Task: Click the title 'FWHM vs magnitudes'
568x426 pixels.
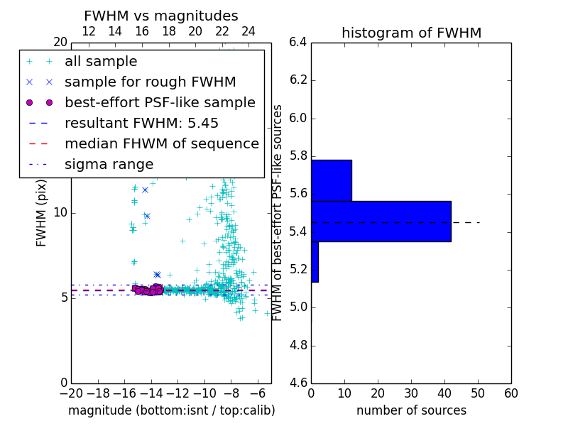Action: click(x=161, y=16)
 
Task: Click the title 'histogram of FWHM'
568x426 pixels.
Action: click(x=411, y=33)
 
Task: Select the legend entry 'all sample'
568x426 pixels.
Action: click(x=101, y=62)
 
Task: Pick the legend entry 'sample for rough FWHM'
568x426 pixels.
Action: click(x=150, y=82)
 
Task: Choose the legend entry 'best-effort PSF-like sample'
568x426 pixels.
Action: click(x=160, y=102)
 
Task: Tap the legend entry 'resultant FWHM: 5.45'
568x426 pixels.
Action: click(x=141, y=123)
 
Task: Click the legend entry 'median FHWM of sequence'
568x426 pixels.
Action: click(x=161, y=143)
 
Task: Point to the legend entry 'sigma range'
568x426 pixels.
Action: click(x=109, y=164)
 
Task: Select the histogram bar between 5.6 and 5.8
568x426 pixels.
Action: click(x=332, y=180)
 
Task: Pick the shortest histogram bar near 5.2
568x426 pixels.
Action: click(x=315, y=262)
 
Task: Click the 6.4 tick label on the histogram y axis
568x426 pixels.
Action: click(x=298, y=42)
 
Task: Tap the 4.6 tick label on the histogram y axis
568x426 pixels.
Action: click(x=298, y=383)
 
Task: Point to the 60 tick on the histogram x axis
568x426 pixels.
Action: click(x=510, y=393)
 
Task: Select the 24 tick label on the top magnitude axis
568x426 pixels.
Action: click(x=248, y=31)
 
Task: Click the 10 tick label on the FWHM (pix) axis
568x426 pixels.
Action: click(x=60, y=212)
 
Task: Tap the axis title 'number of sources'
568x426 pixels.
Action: click(x=411, y=410)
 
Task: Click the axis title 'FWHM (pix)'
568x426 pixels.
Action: click(x=42, y=212)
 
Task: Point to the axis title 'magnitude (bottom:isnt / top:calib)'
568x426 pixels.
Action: click(x=171, y=410)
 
